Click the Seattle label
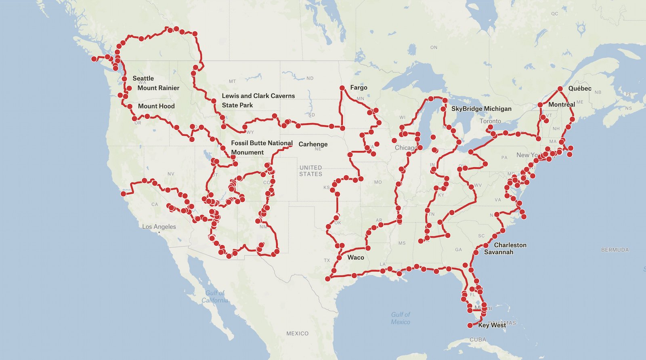(x=143, y=78)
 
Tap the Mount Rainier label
(x=158, y=88)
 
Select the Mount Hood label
(x=156, y=106)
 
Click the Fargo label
(x=359, y=87)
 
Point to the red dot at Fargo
(x=342, y=88)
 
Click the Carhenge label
(x=313, y=144)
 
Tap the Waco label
(x=355, y=257)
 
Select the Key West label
(x=492, y=325)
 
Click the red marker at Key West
(x=470, y=325)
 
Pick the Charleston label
(x=510, y=245)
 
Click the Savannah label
(x=499, y=252)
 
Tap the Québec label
(x=579, y=88)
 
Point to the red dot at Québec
(x=560, y=88)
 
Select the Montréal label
(x=561, y=104)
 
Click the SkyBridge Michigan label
(x=481, y=108)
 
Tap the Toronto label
(x=490, y=121)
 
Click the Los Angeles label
(x=159, y=226)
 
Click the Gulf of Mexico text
(x=400, y=318)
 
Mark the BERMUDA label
(x=615, y=250)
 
